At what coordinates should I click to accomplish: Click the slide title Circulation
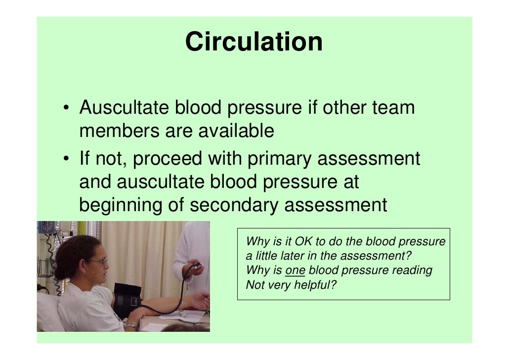[x=254, y=42]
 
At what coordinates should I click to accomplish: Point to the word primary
[x=276, y=159]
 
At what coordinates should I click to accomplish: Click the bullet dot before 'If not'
[x=66, y=160]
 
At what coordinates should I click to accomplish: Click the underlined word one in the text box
[x=296, y=270]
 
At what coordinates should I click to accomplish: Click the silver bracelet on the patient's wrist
[x=131, y=325]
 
